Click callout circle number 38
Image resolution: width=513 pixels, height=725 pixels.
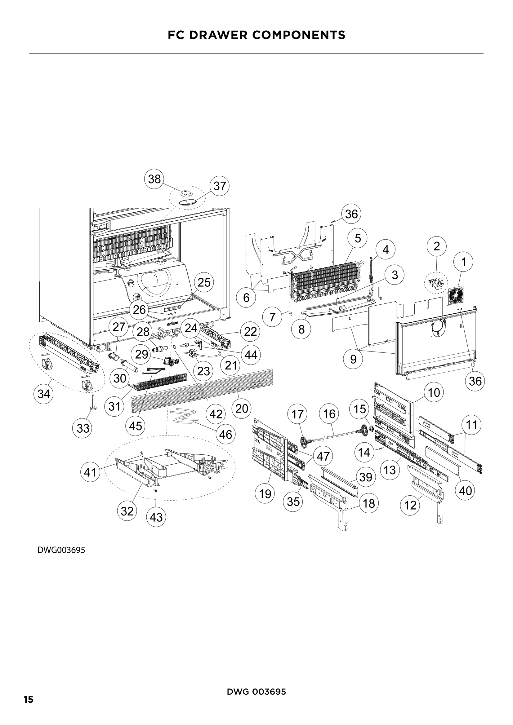coord(154,179)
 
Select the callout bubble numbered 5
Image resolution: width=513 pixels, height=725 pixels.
coord(358,238)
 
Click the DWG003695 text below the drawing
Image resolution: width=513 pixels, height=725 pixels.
coord(61,550)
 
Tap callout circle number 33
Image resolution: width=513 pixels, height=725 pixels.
coord(83,428)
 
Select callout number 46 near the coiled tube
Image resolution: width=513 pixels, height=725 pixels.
coord(225,435)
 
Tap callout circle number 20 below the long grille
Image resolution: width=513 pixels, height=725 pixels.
coord(242,409)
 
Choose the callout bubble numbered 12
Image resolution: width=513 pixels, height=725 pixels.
coord(410,506)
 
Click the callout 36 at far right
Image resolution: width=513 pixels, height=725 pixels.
coord(475,382)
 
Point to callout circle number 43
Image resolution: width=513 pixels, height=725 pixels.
coord(156,517)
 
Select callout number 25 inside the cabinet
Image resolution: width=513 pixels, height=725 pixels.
coord(204,282)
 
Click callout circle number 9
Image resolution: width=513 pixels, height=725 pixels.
coord(353,359)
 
